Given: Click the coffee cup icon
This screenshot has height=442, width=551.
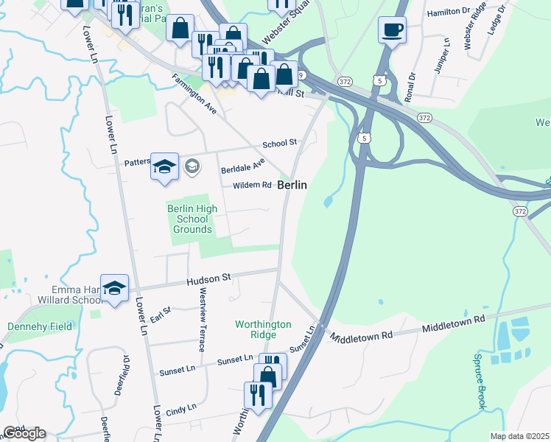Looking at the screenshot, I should pos(392,30).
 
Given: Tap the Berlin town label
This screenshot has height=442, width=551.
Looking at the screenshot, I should pos(292,186).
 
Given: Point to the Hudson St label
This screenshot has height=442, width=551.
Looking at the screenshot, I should pos(209,279).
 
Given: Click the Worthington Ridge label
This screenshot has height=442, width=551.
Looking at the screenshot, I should pos(263,329).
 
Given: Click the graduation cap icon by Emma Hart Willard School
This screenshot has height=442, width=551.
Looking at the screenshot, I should pos(114,287).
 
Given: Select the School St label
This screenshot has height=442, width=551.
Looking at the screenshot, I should pos(279,142).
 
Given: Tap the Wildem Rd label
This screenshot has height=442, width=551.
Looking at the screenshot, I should pos(252,186).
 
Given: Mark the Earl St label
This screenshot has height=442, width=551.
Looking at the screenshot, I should pos(161,315).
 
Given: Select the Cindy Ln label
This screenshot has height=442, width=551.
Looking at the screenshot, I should pos(181,407).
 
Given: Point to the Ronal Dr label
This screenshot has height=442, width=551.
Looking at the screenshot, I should pos(410,86).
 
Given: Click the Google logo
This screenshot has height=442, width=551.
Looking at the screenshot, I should pos(24,433).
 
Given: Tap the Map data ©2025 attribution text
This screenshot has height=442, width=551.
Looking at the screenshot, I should pos(519,436).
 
